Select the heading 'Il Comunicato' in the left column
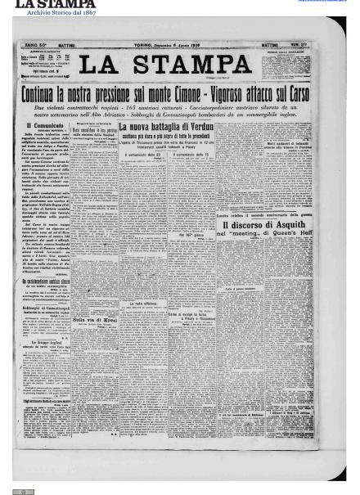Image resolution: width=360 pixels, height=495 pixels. [41, 127]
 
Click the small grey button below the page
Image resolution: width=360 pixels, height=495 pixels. [25, 491]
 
